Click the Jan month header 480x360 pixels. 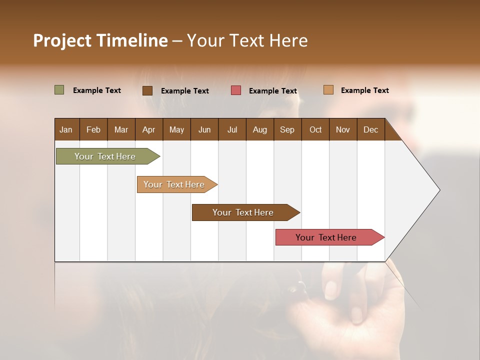(66, 129)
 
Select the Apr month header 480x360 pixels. (148, 129)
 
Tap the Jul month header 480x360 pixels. (232, 129)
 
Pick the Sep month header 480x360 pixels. (287, 129)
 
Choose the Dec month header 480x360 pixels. (370, 129)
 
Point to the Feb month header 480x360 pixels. (93, 129)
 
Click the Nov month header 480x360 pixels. (342, 129)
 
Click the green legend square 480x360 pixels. (59, 90)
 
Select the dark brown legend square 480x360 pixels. (147, 90)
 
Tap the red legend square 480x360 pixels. (236, 90)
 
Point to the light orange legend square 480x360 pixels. (328, 90)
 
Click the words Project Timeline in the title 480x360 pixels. (100, 40)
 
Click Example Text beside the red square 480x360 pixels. (272, 91)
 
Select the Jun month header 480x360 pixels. (204, 129)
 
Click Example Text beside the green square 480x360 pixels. (97, 90)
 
